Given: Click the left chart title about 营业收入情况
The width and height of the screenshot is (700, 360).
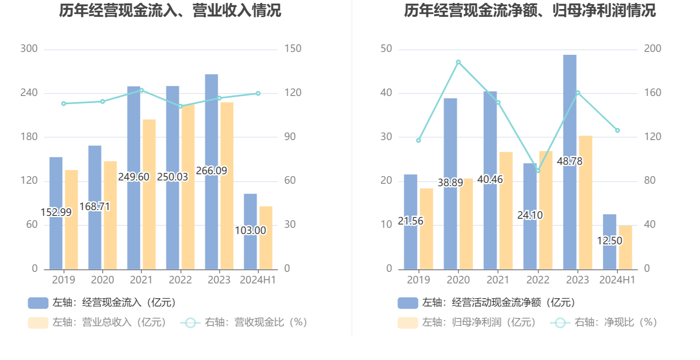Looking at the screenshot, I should tap(170, 11).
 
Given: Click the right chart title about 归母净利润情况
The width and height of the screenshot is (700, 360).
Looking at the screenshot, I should tap(530, 11).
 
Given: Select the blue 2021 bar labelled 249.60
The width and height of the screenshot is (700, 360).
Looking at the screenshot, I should tap(133, 136).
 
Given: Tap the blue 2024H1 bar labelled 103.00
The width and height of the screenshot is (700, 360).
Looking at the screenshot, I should tap(250, 247).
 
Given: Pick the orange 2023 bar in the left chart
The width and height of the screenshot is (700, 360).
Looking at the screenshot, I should tap(227, 185).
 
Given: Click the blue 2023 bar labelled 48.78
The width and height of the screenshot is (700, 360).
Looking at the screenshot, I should tap(570, 124).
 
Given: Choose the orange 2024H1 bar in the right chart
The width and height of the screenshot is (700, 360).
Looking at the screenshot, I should tap(625, 247).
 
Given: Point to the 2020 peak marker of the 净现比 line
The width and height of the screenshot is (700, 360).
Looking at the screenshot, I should tap(458, 62).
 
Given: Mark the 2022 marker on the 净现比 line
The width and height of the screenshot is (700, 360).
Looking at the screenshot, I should tap(538, 171).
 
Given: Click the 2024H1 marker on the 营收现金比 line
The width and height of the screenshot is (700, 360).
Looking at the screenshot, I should tap(258, 94).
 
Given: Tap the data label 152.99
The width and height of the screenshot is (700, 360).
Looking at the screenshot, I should tap(56, 212).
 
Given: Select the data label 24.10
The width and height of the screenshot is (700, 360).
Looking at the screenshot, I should tap(530, 215).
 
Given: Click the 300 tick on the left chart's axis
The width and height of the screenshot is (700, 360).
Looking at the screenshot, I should tap(29, 49).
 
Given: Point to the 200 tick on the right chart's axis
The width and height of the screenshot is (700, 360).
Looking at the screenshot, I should tap(653, 49).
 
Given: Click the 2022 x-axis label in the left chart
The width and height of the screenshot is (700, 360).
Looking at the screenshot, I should tap(180, 280).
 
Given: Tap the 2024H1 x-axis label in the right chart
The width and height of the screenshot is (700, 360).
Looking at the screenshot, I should tap(617, 280).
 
